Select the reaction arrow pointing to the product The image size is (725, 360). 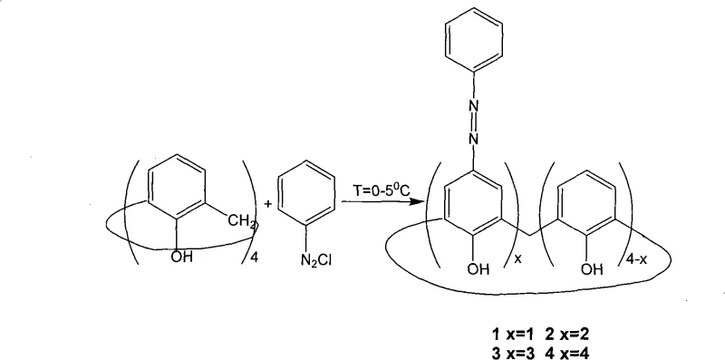[x=382, y=205]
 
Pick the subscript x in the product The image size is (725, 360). [x=516, y=257]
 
